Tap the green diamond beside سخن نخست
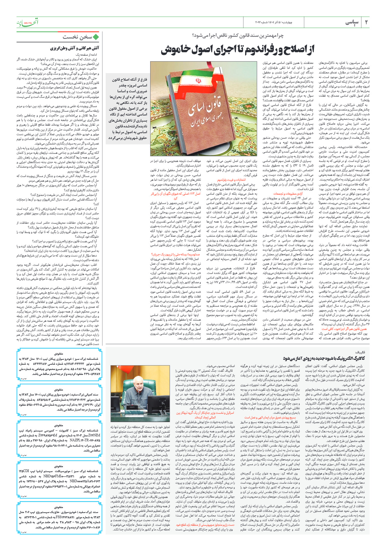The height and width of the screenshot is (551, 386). (96, 37)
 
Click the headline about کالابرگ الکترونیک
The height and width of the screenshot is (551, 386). (322, 358)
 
